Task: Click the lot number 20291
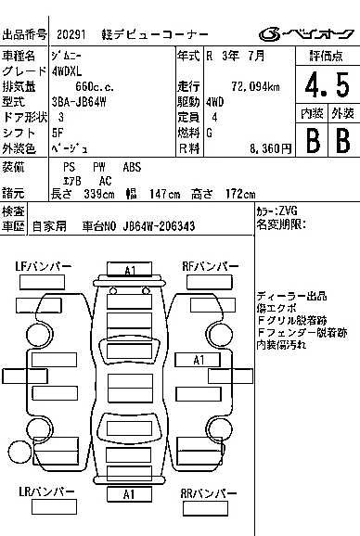(x=71, y=34)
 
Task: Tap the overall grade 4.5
(x=328, y=84)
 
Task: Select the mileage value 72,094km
(x=255, y=87)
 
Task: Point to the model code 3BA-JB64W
(x=79, y=102)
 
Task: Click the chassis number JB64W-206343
(x=159, y=226)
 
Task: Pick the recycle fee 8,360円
(x=270, y=148)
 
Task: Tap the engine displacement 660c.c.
(x=95, y=87)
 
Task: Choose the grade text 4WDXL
(x=67, y=71)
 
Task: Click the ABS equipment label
(x=132, y=167)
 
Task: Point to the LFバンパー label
(x=44, y=266)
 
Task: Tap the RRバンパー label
(x=208, y=493)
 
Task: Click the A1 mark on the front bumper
(x=130, y=270)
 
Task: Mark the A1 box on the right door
(x=198, y=360)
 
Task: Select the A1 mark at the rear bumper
(x=129, y=494)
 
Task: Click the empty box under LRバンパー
(x=54, y=506)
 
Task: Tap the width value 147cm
(x=164, y=194)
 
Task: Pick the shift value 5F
(x=58, y=133)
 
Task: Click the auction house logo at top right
(x=306, y=33)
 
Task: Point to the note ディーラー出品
(x=291, y=296)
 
